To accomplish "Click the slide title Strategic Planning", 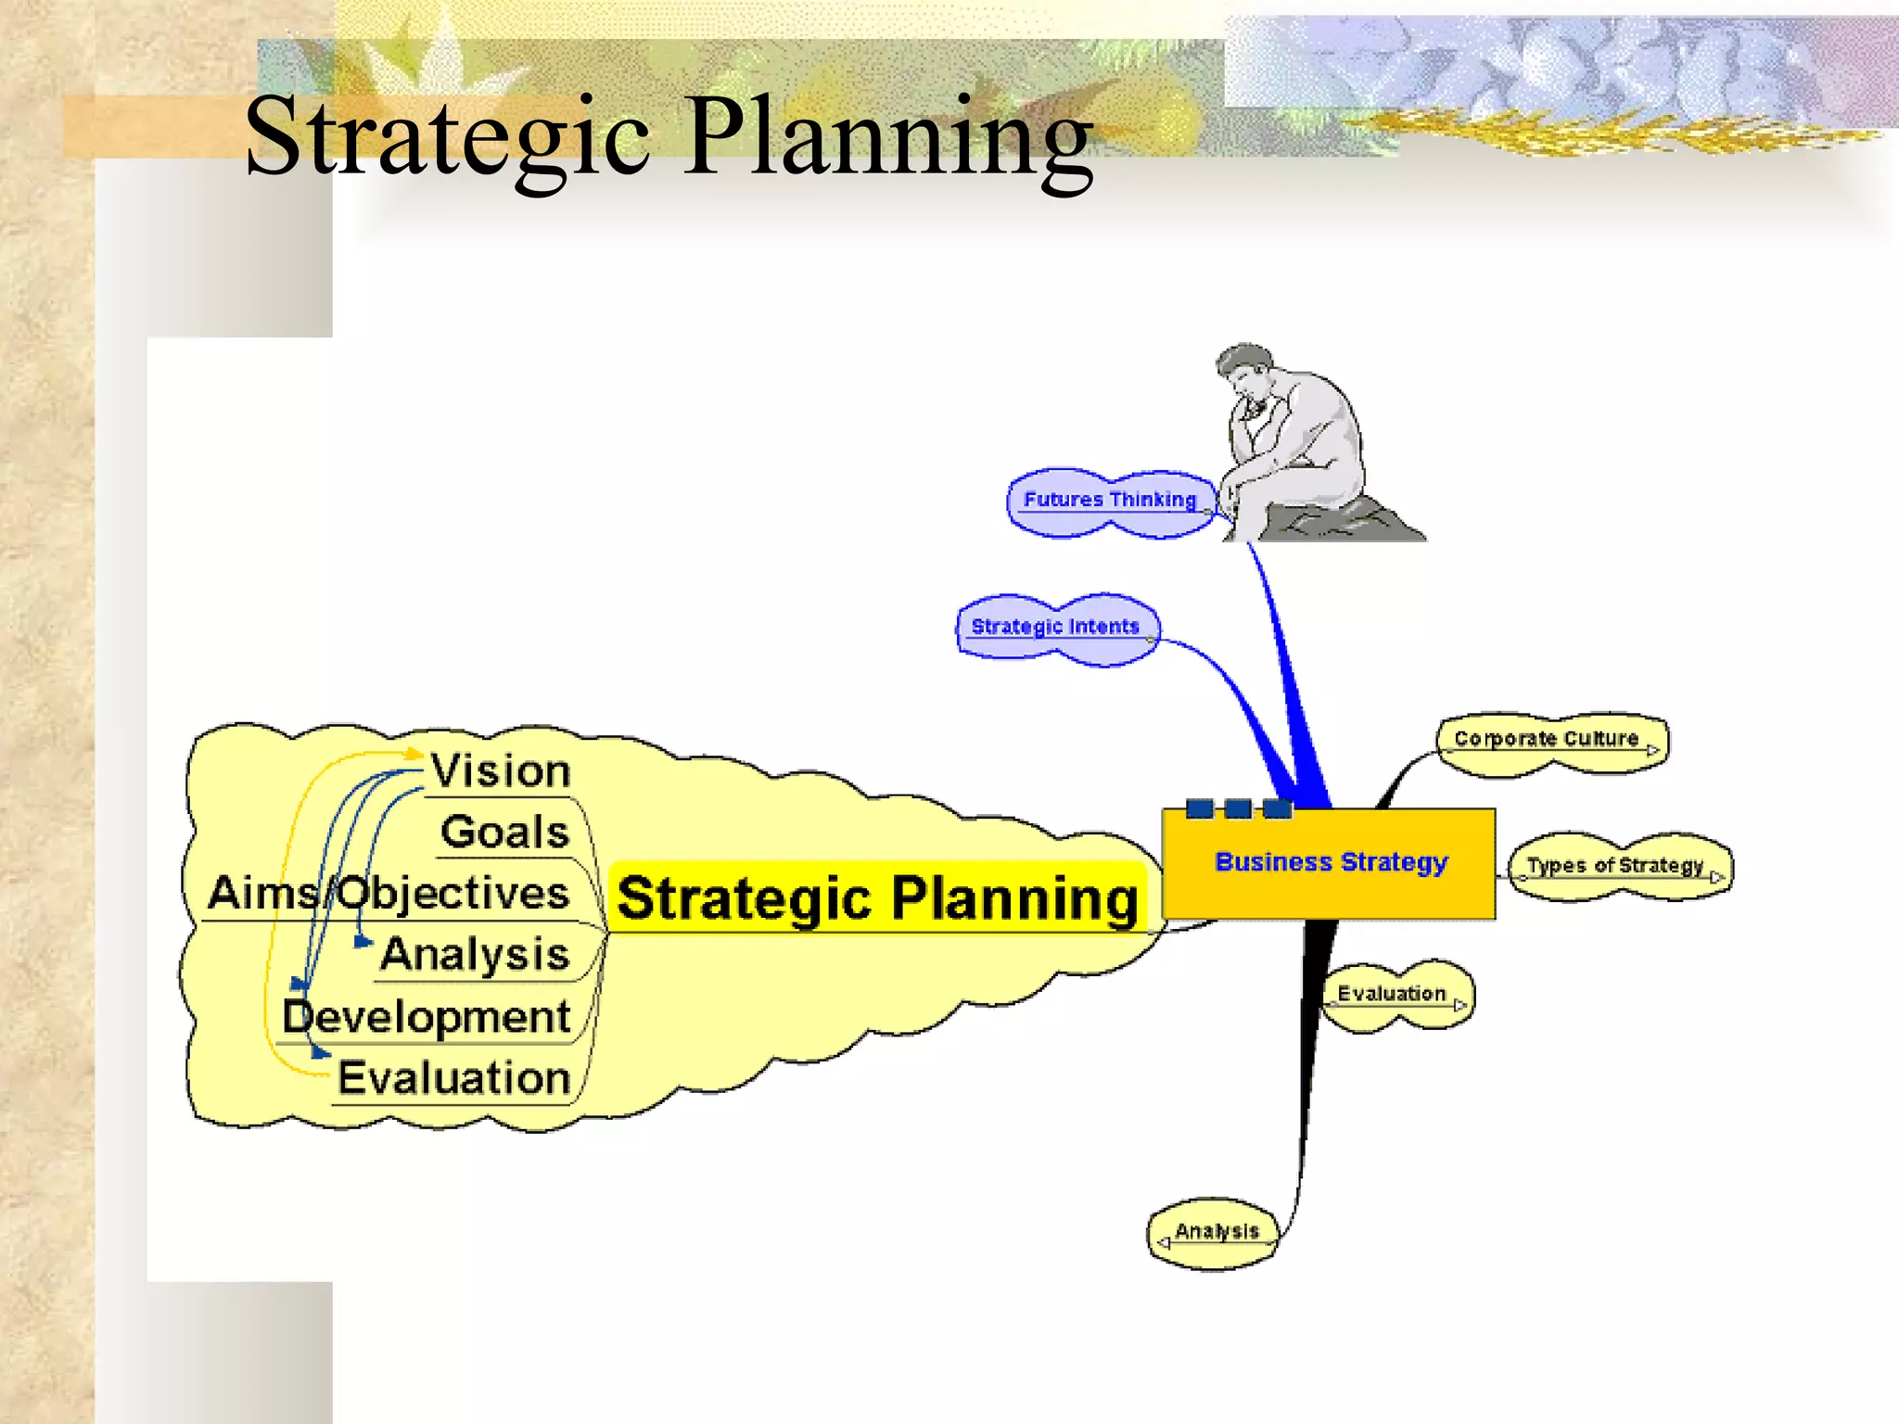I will point(668,137).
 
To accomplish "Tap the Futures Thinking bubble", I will point(1110,501).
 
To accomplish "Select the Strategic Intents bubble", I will point(1056,628).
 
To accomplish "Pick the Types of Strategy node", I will point(1617,866).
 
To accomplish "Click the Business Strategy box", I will point(1330,863).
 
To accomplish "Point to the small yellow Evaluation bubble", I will point(1393,994).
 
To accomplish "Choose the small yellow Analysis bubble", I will point(1216,1232).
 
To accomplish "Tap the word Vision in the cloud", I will point(501,771).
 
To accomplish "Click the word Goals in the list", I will point(505,832).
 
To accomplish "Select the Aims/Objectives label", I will point(389,894).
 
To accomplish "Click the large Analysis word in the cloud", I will point(475,955).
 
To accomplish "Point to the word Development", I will point(427,1017).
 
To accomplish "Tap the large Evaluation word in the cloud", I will point(454,1078).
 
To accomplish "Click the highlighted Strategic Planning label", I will point(877,898).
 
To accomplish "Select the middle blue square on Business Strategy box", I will point(1238,808).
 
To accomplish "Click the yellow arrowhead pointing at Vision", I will point(414,755).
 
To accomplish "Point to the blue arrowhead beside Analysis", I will point(363,942).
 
